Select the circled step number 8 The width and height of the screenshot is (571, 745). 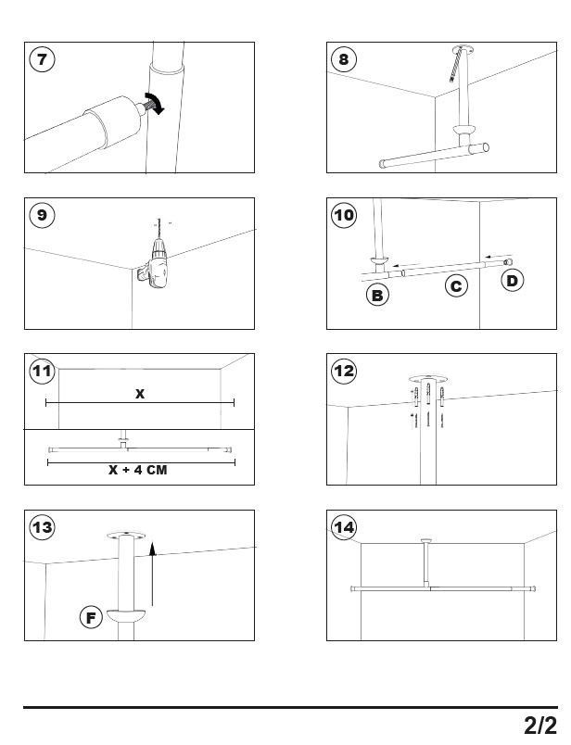[344, 59]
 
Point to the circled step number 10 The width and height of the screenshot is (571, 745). [344, 215]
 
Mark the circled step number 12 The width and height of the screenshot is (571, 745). [344, 372]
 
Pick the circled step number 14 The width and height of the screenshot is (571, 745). [344, 527]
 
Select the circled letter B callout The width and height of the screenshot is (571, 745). [377, 296]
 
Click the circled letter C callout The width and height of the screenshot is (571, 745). [456, 286]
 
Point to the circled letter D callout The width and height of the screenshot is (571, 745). [513, 280]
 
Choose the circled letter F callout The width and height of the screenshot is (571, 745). [91, 617]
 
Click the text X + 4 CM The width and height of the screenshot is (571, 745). [137, 470]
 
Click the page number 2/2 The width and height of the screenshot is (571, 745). [539, 724]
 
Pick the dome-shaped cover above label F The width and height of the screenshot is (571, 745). [126, 613]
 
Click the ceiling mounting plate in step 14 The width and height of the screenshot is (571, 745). [426, 540]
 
